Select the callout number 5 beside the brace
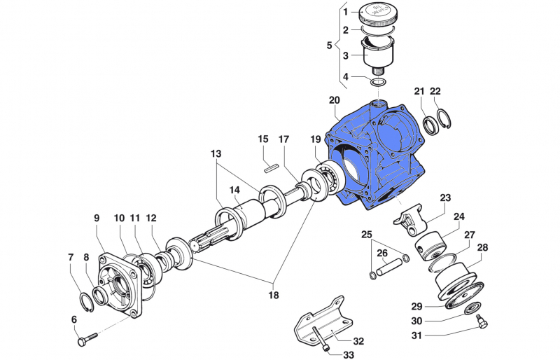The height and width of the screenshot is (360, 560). tap(330, 46)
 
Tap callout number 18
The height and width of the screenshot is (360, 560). tap(273, 295)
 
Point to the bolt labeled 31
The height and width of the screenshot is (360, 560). tap(480, 321)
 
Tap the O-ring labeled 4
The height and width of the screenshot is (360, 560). tap(379, 83)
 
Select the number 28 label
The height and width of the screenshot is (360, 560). tap(482, 248)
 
